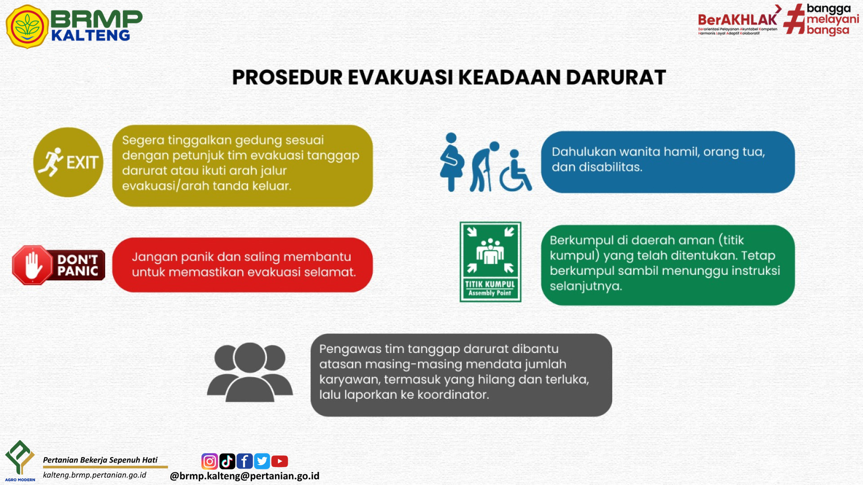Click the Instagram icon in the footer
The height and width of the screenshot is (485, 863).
(x=209, y=461)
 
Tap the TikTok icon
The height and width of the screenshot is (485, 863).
(x=227, y=461)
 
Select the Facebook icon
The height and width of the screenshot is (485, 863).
(x=245, y=461)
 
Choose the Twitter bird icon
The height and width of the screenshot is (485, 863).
(x=262, y=461)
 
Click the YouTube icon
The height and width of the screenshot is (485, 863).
(x=280, y=461)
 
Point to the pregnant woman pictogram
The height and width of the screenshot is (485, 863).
(x=452, y=162)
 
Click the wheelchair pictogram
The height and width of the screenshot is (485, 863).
(x=516, y=171)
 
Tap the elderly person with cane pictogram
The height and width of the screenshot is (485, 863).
(x=484, y=167)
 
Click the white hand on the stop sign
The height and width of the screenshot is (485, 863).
(x=33, y=265)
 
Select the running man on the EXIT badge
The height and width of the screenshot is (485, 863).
(x=51, y=162)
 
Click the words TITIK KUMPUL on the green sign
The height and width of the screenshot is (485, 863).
(x=490, y=284)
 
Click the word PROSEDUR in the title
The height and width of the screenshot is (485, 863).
(x=287, y=77)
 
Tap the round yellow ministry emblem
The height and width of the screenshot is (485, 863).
(x=27, y=26)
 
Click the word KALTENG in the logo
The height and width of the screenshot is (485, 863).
(x=91, y=35)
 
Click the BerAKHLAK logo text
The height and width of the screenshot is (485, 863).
(x=738, y=20)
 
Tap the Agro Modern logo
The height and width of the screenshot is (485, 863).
(x=20, y=461)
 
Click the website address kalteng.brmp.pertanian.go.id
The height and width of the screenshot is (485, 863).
(x=95, y=475)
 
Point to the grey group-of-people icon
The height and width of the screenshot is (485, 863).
(x=250, y=372)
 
